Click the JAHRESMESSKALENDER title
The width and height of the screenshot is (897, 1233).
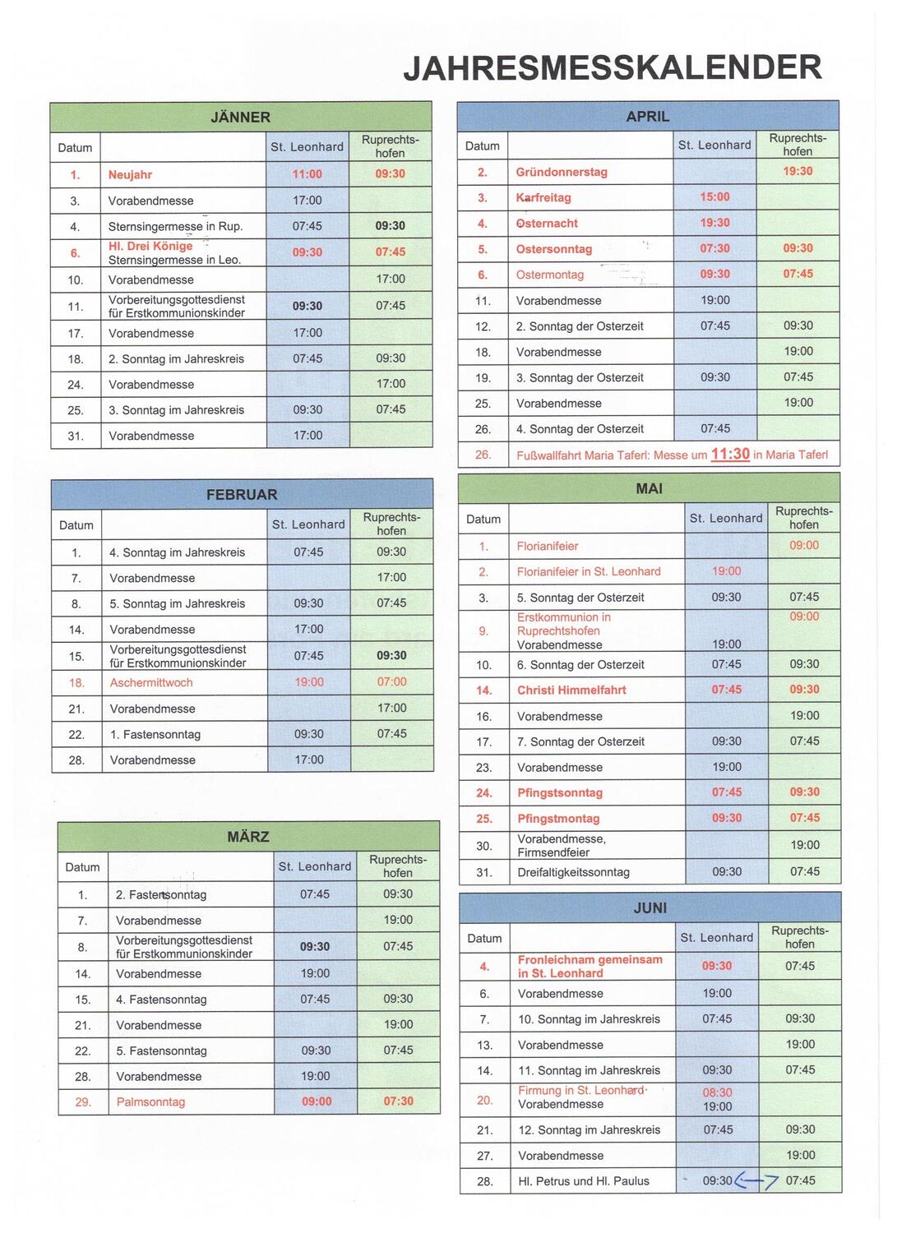(613, 68)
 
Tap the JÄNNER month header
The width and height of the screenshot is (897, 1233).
(240, 117)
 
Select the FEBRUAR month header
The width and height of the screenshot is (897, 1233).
(242, 494)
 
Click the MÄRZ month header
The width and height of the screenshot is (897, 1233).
(248, 836)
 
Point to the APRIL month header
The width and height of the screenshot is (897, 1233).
(648, 116)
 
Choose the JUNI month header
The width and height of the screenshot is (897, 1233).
(650, 907)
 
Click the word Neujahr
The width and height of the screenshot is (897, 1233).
(130, 174)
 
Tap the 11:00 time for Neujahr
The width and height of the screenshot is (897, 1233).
(307, 174)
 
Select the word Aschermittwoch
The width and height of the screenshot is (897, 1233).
(151, 682)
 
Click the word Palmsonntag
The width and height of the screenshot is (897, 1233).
(150, 1101)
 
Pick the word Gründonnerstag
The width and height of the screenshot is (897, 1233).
(562, 172)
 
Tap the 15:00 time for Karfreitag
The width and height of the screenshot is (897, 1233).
(714, 197)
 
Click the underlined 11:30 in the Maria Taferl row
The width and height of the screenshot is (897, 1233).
(730, 454)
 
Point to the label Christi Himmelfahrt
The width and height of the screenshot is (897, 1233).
(571, 690)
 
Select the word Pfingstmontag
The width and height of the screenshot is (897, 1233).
(558, 818)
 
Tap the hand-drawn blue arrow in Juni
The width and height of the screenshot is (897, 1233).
(756, 1180)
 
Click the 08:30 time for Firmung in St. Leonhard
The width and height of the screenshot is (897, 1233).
(717, 1092)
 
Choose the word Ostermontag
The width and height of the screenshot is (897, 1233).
(550, 275)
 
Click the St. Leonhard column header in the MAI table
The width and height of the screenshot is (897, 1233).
(726, 518)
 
